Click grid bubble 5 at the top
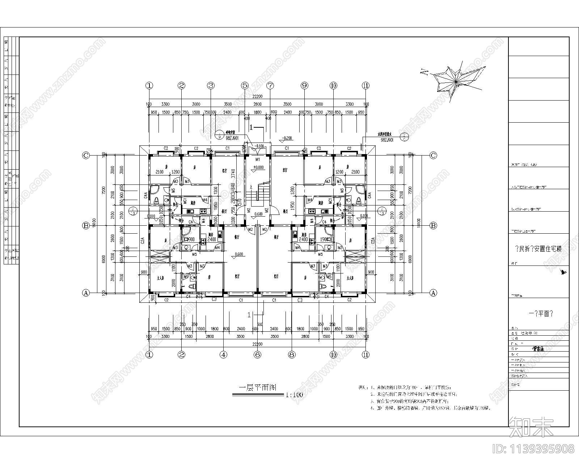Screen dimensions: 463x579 pyautogui.click(x=245, y=86)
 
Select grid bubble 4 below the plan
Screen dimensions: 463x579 pyautogui.click(x=224, y=355)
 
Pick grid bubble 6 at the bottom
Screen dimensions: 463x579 pyautogui.click(x=257, y=355)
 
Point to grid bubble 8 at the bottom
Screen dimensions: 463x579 pyautogui.click(x=292, y=355)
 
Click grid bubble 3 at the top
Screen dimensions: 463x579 pyautogui.click(x=211, y=86)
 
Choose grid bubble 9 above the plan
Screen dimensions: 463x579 pyautogui.click(x=304, y=86)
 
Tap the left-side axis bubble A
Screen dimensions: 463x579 pyautogui.click(x=86, y=293)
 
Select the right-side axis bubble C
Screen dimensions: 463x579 pyautogui.click(x=433, y=156)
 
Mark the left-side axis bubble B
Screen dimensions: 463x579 pyautogui.click(x=86, y=226)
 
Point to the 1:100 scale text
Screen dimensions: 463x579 pyautogui.click(x=294, y=395)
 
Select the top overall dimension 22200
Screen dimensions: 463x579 pyautogui.click(x=257, y=97)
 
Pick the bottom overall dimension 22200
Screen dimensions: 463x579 pyautogui.click(x=257, y=344)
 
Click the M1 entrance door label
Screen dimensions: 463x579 pyautogui.click(x=258, y=159)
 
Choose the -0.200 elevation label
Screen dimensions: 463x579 pyautogui.click(x=287, y=139)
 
